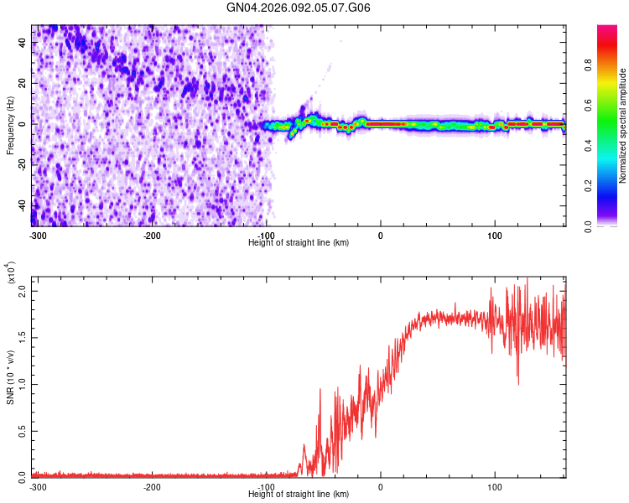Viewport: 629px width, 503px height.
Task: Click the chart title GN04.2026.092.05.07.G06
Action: tap(299, 8)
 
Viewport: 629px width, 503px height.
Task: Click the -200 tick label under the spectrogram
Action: tap(152, 234)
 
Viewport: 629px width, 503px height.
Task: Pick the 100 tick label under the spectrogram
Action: tap(495, 234)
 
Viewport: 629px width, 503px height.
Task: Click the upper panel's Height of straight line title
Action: tap(299, 242)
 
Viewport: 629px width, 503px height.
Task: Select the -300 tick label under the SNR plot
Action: tap(38, 486)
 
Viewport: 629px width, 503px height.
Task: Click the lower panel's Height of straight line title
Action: tap(299, 495)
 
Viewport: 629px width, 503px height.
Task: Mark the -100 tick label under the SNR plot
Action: tap(266, 486)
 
